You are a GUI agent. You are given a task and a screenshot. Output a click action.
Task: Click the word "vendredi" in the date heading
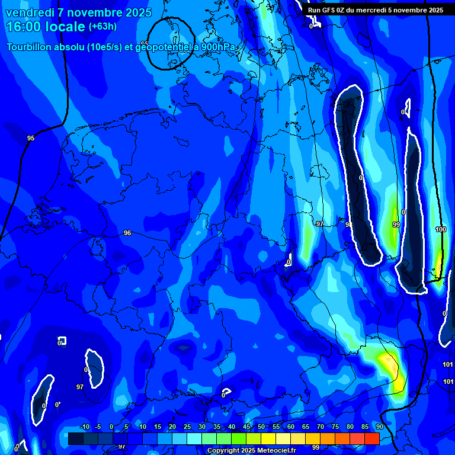[30, 13]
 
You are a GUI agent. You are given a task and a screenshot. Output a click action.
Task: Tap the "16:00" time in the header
[24, 27]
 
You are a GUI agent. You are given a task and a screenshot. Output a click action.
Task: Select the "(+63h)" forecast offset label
[102, 27]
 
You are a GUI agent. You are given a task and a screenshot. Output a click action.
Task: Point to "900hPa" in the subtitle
[220, 47]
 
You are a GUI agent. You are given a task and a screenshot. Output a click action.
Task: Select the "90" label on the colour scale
[379, 427]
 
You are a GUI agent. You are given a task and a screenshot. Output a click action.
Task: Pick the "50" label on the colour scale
[261, 427]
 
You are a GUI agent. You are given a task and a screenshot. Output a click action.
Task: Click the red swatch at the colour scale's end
[371, 438]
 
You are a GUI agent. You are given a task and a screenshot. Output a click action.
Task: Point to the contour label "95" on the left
[31, 138]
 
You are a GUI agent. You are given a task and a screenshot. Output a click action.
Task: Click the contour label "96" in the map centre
[127, 233]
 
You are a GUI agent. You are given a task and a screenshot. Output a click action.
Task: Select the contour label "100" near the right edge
[440, 229]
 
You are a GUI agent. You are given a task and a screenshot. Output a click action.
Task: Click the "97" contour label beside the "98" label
[320, 224]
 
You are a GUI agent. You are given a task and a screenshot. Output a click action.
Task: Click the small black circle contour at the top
[170, 43]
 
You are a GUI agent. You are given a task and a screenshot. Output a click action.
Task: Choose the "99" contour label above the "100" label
[396, 225]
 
